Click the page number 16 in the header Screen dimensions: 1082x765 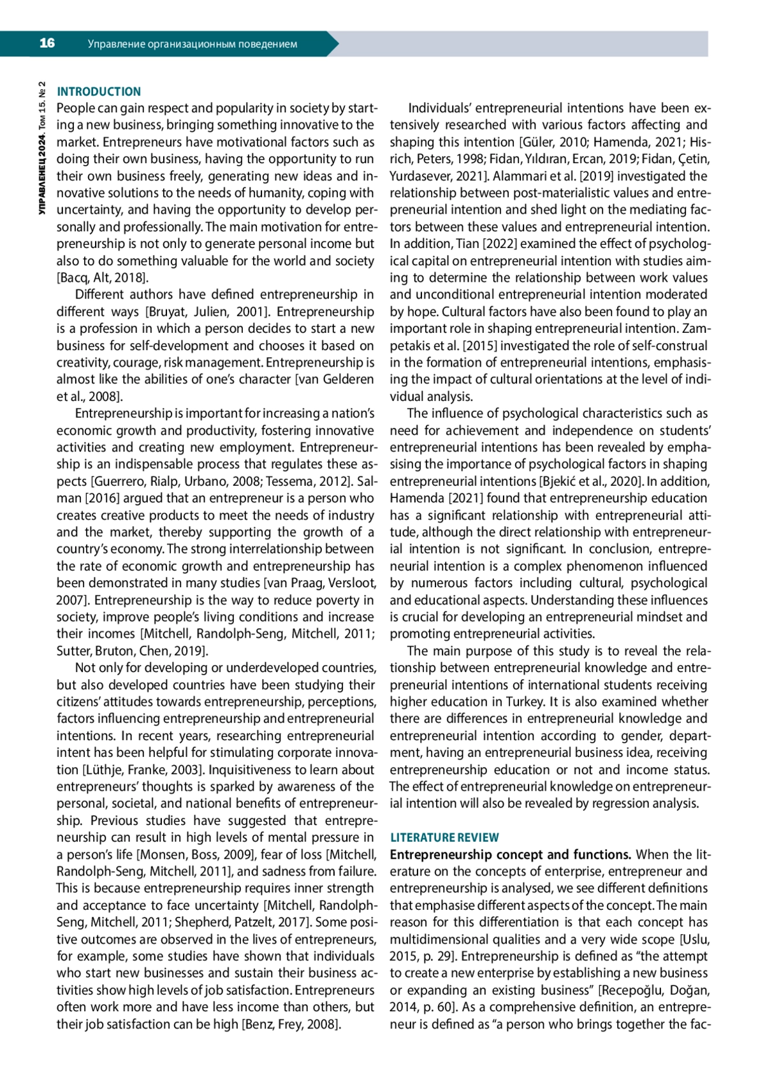point(47,43)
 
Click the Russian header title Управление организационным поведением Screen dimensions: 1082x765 point(192,45)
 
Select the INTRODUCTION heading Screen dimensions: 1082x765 point(99,92)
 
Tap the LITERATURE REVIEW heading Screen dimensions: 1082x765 point(444,838)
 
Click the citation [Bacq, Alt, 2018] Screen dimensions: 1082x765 point(102,278)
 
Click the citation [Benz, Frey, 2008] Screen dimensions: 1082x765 point(291,1024)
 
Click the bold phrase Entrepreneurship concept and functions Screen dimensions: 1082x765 point(511,855)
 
